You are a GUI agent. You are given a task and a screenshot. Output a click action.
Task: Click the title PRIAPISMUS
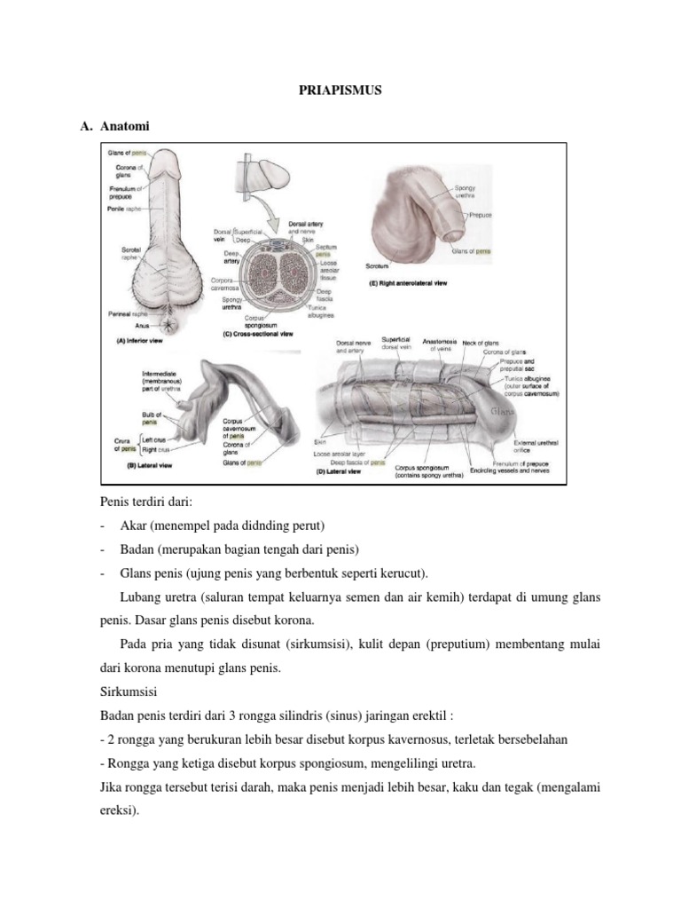point(340,91)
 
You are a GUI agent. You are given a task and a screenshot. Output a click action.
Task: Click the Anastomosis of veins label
point(444,344)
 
